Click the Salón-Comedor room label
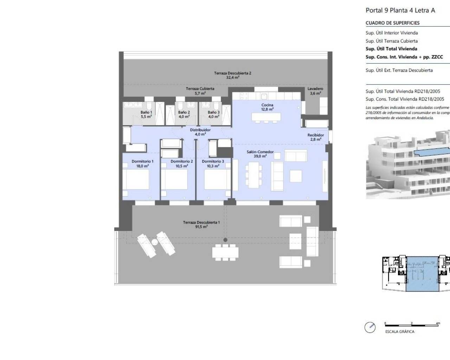(x=260, y=152)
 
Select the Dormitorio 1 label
(x=142, y=161)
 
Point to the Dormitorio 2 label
(x=182, y=161)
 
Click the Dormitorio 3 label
(x=213, y=161)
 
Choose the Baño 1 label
(x=146, y=112)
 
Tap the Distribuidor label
(x=200, y=130)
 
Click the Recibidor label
(x=315, y=135)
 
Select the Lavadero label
(x=315, y=89)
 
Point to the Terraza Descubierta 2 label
(x=232, y=73)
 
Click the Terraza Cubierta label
(x=200, y=89)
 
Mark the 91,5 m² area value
(x=201, y=227)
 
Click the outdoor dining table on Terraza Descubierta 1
(x=225, y=252)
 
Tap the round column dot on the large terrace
(x=225, y=240)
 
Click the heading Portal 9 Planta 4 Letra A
(x=400, y=10)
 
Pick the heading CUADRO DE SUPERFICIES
(x=392, y=23)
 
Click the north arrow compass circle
(x=370, y=327)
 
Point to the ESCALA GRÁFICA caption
(x=400, y=332)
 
